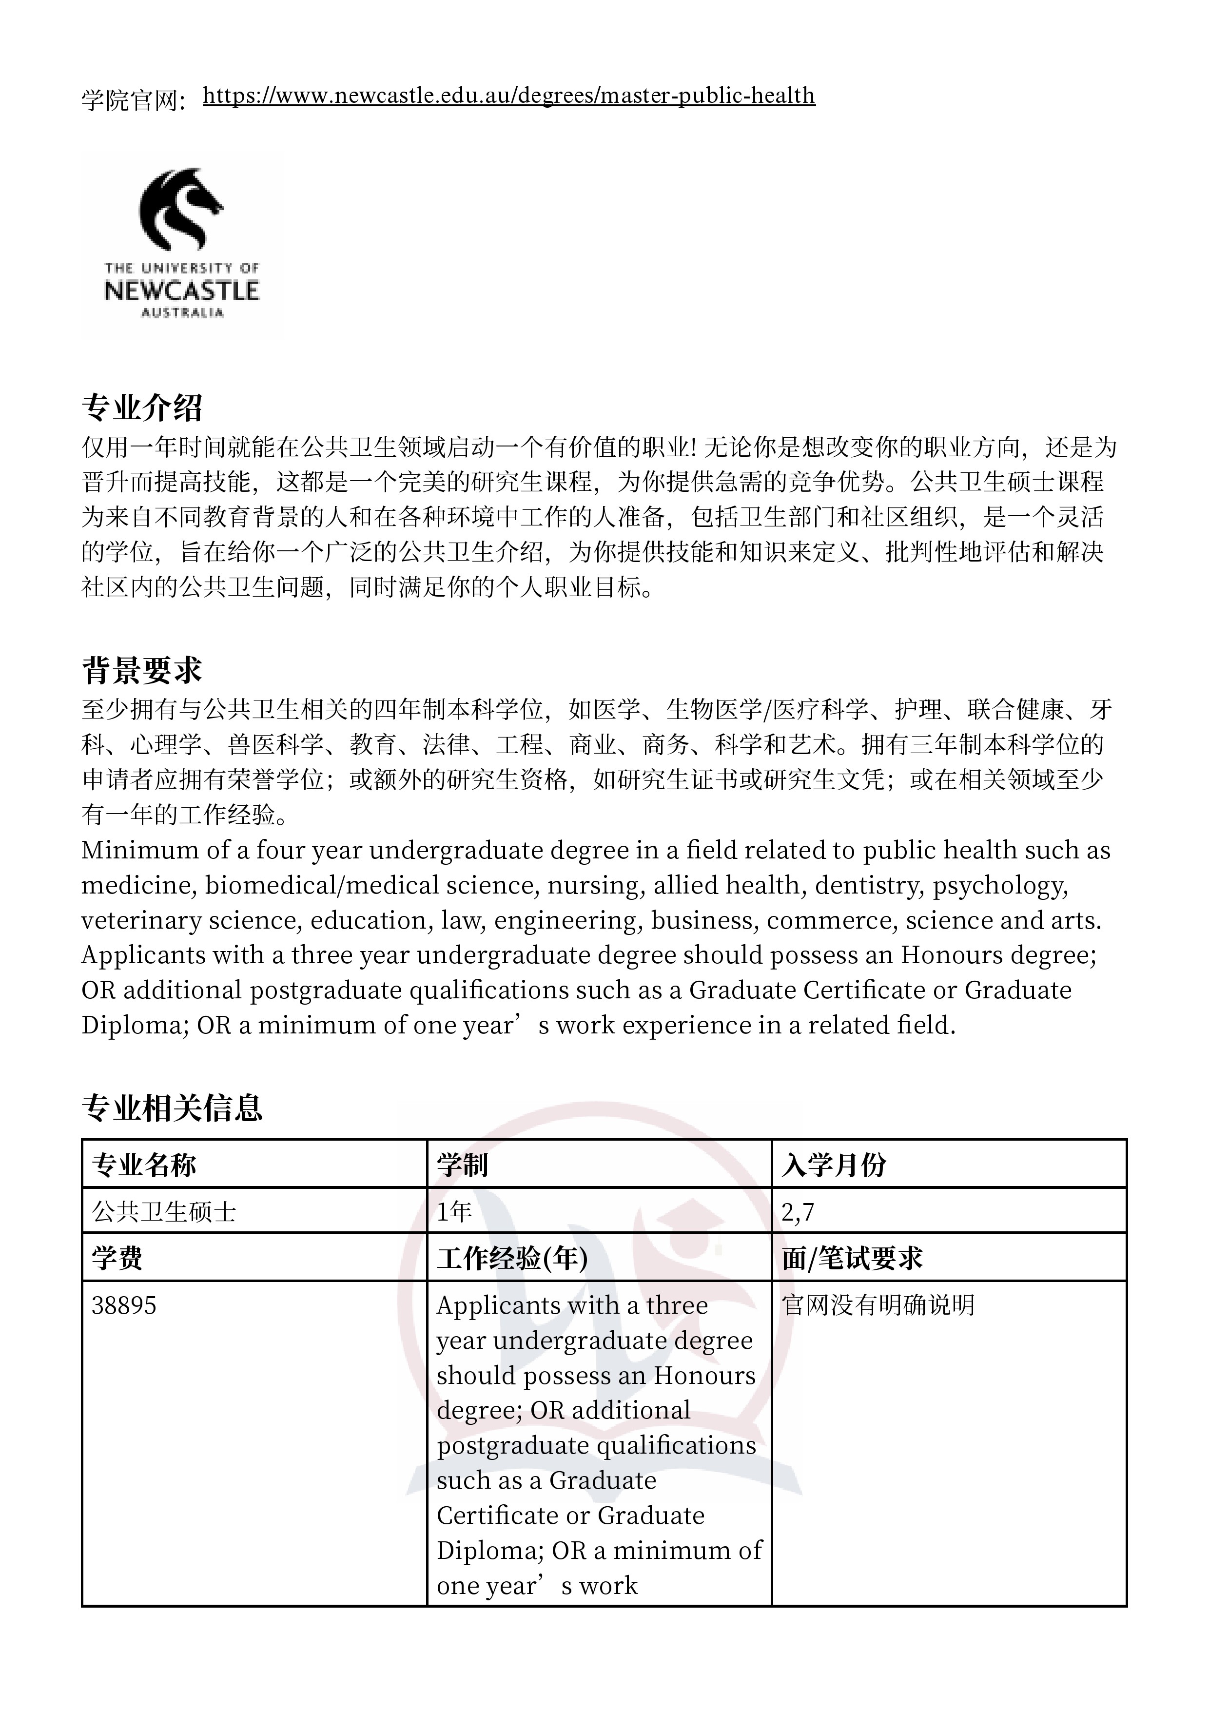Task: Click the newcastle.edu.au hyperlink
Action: tap(509, 96)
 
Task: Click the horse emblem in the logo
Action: tap(181, 208)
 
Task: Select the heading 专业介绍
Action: tap(141, 408)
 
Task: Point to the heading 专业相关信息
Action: tap(172, 1108)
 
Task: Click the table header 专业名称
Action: tap(144, 1165)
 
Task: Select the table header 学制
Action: tap(462, 1165)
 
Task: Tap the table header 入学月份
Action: tap(834, 1165)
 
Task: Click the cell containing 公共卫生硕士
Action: tap(164, 1212)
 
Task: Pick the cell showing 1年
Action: tap(454, 1212)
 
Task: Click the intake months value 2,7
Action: tap(798, 1212)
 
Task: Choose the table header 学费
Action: tap(117, 1259)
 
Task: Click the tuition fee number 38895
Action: tap(124, 1305)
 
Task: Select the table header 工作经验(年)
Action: tap(512, 1259)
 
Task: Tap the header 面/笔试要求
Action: tap(852, 1259)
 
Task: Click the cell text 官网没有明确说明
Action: tap(878, 1305)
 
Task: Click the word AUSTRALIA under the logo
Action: tap(182, 313)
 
